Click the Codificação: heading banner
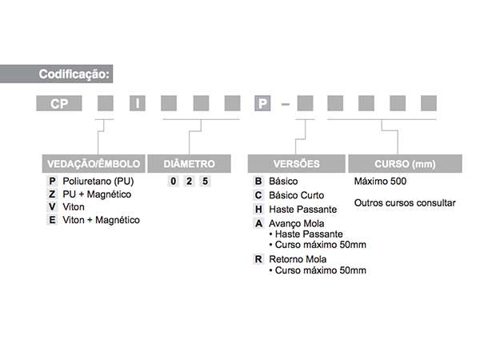pos(56,74)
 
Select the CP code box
pos(59,103)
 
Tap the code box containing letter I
pos(138,103)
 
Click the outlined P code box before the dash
pos(262,103)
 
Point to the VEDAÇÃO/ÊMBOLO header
pos(94,164)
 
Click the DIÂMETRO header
pos(189,164)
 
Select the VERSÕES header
pos(296,164)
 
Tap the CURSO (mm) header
pos(405,164)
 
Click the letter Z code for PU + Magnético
pos(52,194)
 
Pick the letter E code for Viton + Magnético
pos(52,220)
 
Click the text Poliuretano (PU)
pos(98,182)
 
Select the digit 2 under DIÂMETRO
pos(189,182)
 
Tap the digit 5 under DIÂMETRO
pos(205,182)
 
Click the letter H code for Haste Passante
pos(258,210)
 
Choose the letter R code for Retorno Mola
pos(258,259)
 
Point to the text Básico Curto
pos(296,195)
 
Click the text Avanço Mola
pos(296,223)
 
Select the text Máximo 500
pos(380,182)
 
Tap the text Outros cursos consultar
pos(405,203)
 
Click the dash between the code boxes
pos(286,104)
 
